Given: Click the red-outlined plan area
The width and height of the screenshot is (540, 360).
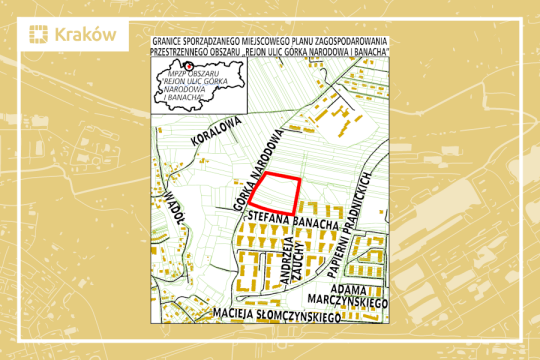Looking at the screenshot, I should coord(277,190).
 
